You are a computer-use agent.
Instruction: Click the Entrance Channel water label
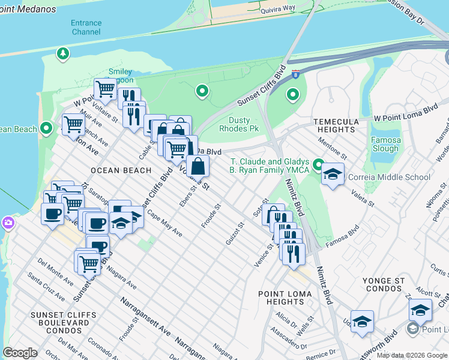point(86,27)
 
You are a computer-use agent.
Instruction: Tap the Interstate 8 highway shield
point(295,73)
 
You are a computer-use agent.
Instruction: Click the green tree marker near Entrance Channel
point(62,55)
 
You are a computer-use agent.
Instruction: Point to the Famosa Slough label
point(385,144)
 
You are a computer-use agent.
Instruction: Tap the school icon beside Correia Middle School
point(333,175)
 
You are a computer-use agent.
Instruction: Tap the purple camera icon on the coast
point(8,223)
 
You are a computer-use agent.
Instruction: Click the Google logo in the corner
point(20,353)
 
